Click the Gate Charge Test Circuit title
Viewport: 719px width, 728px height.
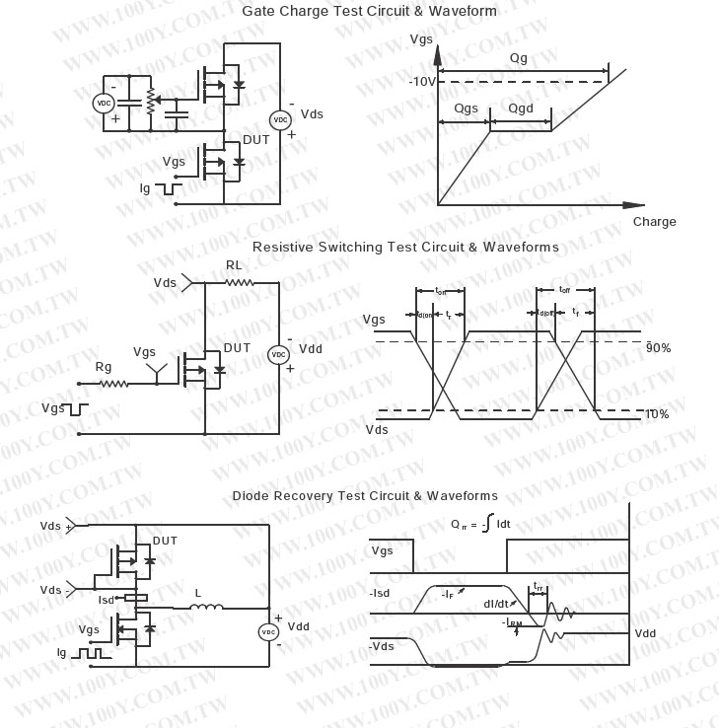370,12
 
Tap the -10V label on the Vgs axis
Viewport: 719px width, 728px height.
421,82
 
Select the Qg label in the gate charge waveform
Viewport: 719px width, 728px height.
519,59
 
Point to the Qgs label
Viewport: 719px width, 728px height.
467,108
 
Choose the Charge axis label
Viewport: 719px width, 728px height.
654,222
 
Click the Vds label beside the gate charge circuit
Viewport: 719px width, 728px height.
312,114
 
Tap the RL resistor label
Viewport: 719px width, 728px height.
234,265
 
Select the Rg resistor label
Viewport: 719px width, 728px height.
104,367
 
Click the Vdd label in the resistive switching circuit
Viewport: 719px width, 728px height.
311,349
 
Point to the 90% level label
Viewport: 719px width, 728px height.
658,348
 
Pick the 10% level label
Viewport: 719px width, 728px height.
657,414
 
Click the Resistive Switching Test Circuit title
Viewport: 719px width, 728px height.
405,247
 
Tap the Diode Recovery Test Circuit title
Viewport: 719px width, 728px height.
365,495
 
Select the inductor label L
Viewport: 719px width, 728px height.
197,593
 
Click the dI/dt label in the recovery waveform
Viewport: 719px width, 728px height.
496,604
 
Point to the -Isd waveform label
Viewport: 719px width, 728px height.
381,594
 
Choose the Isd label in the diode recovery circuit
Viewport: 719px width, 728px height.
107,600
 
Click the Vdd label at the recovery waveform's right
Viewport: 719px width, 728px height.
647,633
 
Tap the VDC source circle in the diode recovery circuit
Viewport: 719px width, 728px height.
267,632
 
